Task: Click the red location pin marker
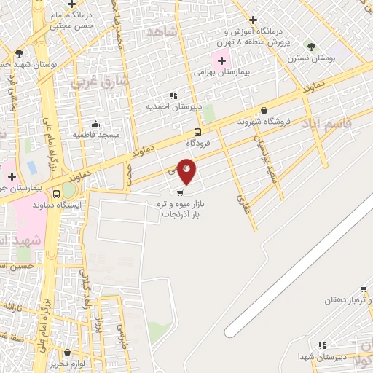pos(187,170)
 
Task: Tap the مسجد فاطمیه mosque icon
pos(96,124)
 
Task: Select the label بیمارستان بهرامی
pos(223,73)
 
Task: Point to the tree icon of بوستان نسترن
pos(311,46)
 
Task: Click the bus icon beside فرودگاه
pos(198,132)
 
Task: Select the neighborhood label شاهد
pos(162,32)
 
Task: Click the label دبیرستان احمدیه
pos(173,106)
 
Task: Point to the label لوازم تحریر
pos(74,363)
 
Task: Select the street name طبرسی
pos(119,334)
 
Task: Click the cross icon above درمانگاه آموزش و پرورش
pos(253,20)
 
